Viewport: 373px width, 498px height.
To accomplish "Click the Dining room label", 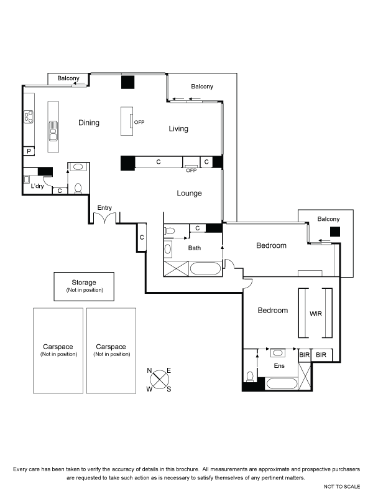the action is [x=89, y=123].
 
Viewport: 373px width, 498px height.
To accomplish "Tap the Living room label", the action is [x=178, y=129].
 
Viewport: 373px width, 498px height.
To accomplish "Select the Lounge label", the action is [x=190, y=193].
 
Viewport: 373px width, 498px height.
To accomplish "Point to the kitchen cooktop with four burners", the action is [x=29, y=116].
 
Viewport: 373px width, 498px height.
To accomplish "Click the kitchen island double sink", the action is [x=53, y=131].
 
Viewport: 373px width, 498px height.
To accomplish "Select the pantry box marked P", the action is [x=29, y=151].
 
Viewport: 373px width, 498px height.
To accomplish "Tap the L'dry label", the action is [x=37, y=186].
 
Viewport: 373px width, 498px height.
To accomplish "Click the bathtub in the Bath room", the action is [x=206, y=268].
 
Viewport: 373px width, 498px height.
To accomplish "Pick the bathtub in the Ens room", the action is [x=282, y=383].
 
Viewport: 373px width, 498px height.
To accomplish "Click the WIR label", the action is [x=316, y=314].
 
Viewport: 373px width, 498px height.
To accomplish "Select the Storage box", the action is [x=84, y=286].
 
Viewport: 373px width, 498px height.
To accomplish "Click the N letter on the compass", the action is [x=149, y=370].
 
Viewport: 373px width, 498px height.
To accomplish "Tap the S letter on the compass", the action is [x=168, y=390].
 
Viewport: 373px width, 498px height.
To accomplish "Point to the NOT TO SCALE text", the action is [x=342, y=487].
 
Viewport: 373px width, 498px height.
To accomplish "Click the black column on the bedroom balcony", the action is [x=335, y=232].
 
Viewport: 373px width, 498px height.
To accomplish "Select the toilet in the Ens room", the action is [x=251, y=377].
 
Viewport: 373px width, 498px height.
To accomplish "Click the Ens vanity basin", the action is [x=278, y=353].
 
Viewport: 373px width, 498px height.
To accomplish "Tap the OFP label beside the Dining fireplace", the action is [x=139, y=122].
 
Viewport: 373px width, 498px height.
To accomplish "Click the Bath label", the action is [x=195, y=248].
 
